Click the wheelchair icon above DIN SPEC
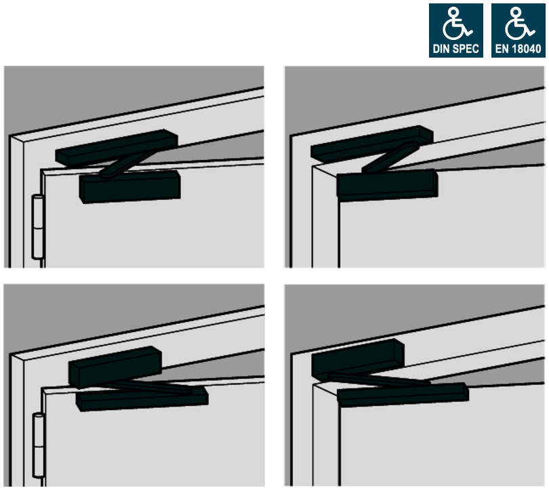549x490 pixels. [x=455, y=25]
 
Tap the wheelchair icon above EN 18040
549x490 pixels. [x=517, y=25]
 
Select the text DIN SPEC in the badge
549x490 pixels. [x=455, y=49]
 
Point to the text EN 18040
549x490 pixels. [x=518, y=49]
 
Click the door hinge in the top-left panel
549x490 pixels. [x=38, y=227]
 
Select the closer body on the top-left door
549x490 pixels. [x=130, y=186]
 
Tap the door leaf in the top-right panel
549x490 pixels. [x=434, y=230]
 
